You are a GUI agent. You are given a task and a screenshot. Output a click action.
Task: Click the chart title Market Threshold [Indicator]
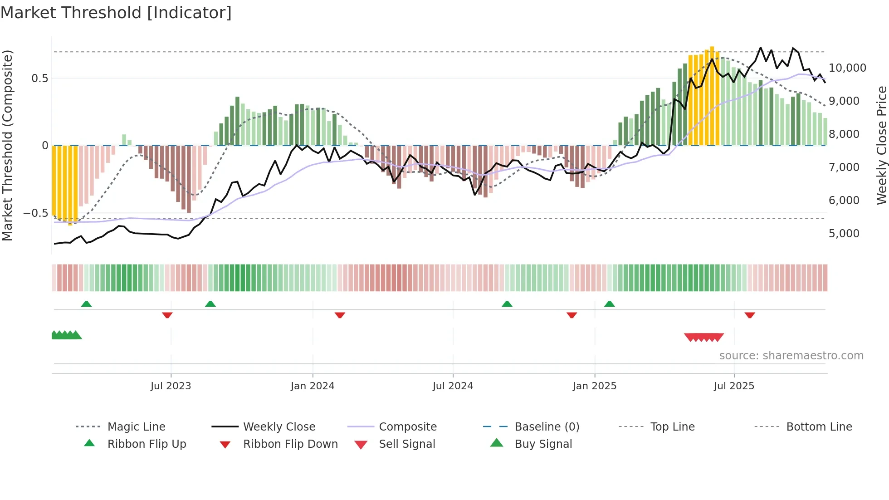tap(116, 13)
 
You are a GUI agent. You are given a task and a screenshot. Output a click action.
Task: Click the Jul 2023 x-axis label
tap(171, 386)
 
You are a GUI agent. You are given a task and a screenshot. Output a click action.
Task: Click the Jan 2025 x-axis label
tap(594, 386)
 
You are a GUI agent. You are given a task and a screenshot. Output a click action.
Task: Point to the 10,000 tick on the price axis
tap(847, 68)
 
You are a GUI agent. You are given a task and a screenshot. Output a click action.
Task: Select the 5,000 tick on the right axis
tap(844, 234)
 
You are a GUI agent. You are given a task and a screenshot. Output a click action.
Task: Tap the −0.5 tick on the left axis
tap(35, 213)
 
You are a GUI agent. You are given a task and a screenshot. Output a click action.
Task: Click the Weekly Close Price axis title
tap(881, 145)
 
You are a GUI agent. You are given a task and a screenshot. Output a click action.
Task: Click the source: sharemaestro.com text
tap(791, 356)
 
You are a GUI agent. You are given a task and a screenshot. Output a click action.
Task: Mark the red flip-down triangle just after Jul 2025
tap(749, 315)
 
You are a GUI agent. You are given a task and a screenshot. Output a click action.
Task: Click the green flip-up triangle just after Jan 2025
tap(609, 304)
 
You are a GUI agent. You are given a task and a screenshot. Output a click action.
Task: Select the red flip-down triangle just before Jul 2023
tap(167, 315)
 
